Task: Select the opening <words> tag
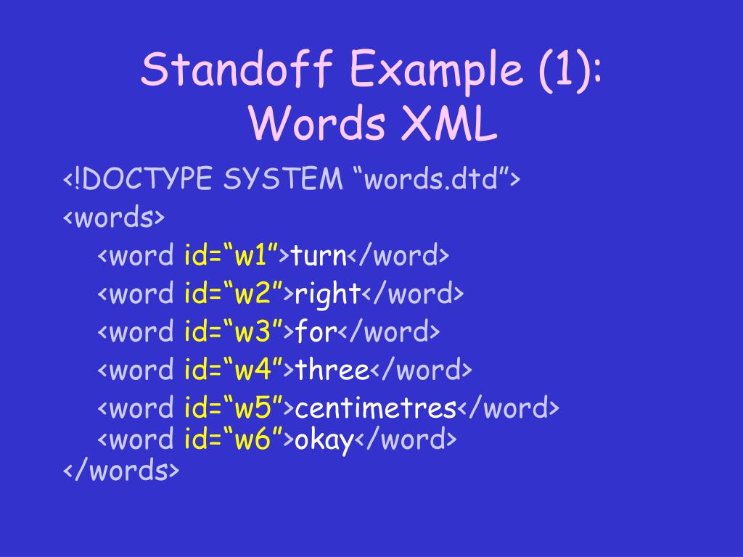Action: (114, 218)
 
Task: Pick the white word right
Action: (327, 294)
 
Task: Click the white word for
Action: (316, 332)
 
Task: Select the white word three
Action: (332, 371)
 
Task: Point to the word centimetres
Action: (374, 408)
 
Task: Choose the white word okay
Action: (324, 440)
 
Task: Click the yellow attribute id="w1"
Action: (232, 256)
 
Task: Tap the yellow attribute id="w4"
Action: (232, 371)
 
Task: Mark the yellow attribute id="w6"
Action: (232, 440)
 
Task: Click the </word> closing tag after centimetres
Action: (508, 408)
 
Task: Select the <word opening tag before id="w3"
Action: (136, 332)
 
